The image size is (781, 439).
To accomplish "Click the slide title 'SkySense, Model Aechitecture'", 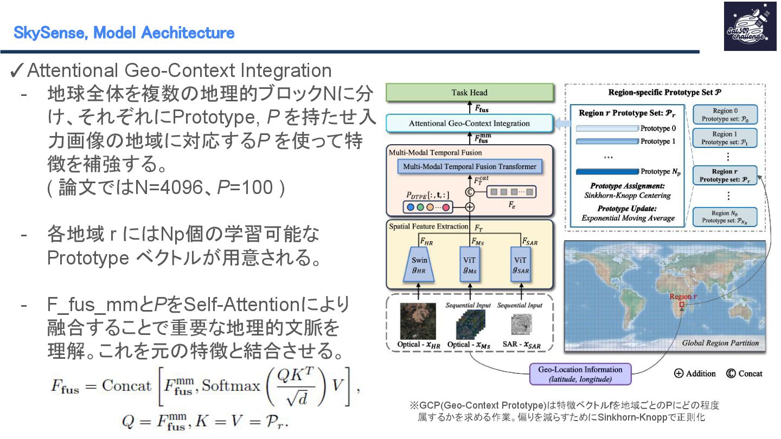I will (124, 33).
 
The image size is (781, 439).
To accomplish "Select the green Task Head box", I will (470, 93).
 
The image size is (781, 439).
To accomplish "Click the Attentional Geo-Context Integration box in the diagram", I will (470, 124).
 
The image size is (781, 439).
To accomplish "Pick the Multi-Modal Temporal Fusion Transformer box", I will (470, 166).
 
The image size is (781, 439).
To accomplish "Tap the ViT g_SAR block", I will (520, 264).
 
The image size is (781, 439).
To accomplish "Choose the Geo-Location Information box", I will (580, 374).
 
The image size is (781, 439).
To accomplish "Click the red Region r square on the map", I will (682, 305).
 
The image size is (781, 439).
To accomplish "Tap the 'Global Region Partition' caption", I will (720, 343).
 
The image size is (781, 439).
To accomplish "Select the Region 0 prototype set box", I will (725, 114).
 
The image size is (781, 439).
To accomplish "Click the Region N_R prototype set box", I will (725, 217).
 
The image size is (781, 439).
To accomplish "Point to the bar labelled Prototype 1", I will (606, 141).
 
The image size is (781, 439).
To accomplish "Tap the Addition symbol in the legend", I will (678, 373).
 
